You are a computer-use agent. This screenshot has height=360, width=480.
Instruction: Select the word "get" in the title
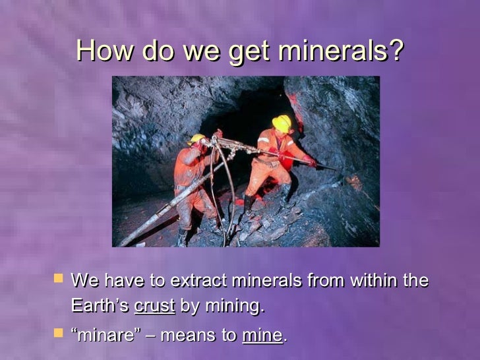tap(253, 51)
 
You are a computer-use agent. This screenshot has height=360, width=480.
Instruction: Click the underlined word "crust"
tap(154, 306)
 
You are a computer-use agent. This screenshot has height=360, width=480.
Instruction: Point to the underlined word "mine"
tap(262, 335)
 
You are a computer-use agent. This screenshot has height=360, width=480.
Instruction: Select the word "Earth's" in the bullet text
tap(100, 306)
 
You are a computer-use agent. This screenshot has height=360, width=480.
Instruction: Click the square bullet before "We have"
tap(58, 279)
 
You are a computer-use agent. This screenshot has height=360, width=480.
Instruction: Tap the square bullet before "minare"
tap(58, 333)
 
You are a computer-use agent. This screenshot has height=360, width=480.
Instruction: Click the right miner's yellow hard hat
tap(282, 123)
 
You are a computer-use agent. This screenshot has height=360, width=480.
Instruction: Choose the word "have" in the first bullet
tap(125, 280)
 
